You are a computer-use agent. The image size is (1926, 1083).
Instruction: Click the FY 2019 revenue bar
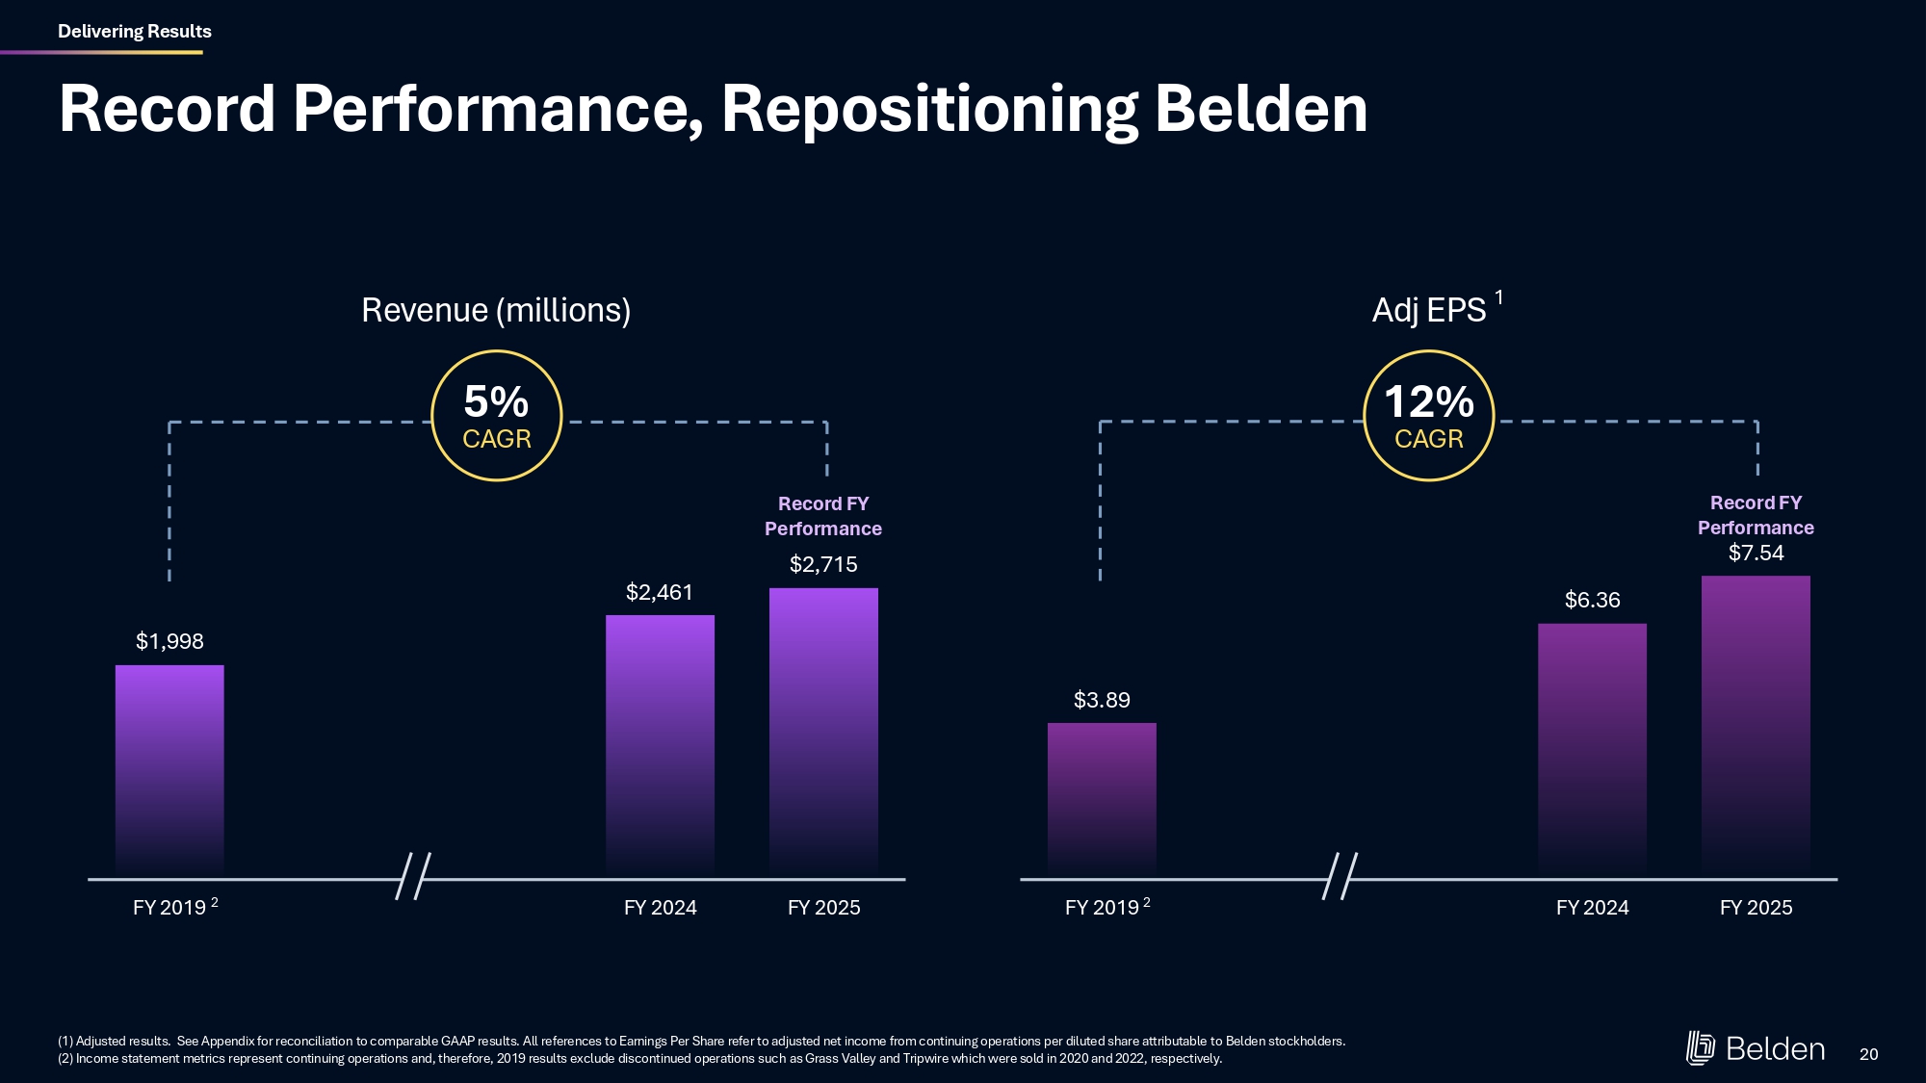click(x=169, y=770)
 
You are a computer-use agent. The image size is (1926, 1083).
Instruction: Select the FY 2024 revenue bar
click(x=660, y=746)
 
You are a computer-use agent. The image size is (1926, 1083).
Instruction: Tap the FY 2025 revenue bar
click(x=823, y=732)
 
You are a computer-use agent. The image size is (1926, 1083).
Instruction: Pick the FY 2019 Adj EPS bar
click(x=1102, y=799)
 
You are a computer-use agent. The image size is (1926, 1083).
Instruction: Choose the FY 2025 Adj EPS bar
click(x=1756, y=727)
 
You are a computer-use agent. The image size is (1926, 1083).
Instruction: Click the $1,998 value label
click(x=169, y=641)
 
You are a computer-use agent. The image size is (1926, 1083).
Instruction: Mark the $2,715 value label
click(x=823, y=564)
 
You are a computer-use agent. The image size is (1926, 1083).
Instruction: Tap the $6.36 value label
click(x=1592, y=600)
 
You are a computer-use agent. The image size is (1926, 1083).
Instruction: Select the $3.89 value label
click(x=1102, y=700)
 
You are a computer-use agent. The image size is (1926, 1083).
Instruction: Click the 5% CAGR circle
click(x=496, y=416)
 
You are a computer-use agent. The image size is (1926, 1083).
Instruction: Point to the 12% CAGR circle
click(x=1428, y=416)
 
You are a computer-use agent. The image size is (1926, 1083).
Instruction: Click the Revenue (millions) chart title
click(x=496, y=310)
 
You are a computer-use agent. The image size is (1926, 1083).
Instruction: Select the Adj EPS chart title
click(x=1429, y=310)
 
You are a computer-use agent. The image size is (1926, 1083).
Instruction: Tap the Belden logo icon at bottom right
click(x=1700, y=1048)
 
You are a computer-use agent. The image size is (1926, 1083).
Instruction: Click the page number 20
click(x=1868, y=1054)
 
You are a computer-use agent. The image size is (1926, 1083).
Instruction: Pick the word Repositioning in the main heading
click(x=929, y=109)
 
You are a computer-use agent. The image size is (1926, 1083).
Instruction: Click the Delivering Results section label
click(x=135, y=31)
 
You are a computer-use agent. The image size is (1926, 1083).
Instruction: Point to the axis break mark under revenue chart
click(x=413, y=876)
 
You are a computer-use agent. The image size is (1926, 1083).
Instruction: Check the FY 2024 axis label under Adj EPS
click(x=1592, y=908)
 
